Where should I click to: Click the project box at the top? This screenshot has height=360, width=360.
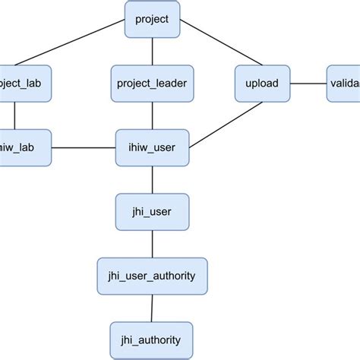[x=153, y=19]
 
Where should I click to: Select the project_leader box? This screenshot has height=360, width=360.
[x=153, y=84]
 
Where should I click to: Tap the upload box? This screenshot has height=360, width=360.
[x=263, y=84]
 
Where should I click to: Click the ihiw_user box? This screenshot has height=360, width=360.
[x=153, y=147]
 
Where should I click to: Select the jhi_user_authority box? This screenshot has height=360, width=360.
[x=153, y=276]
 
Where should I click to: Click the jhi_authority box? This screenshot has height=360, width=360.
[x=153, y=339]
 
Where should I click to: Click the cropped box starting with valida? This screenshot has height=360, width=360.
[x=343, y=84]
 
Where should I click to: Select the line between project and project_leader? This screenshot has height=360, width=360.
[x=153, y=51]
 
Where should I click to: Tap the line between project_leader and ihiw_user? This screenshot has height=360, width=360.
[x=153, y=115]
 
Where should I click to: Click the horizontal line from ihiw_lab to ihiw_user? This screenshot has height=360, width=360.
[x=84, y=147]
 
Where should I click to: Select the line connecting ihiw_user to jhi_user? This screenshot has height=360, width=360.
[x=153, y=179]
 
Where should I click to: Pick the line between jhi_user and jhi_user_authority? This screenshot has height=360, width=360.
[x=153, y=243]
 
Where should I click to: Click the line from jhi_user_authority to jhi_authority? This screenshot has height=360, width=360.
[x=153, y=308]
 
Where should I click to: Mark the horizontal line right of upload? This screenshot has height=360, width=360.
[x=309, y=84]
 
